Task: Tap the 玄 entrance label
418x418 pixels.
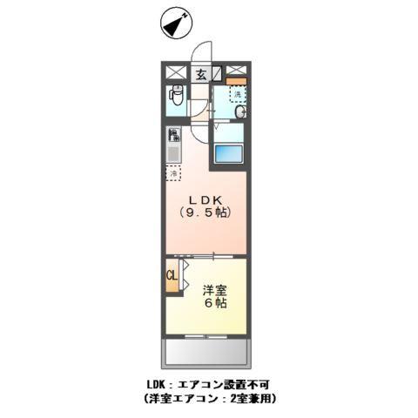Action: point(200,73)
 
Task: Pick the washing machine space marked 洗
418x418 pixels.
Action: point(236,92)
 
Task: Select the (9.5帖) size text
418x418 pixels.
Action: point(206,212)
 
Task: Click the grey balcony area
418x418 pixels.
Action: point(206,352)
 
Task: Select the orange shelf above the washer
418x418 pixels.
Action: point(236,81)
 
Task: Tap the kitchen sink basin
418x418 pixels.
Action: point(173,154)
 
